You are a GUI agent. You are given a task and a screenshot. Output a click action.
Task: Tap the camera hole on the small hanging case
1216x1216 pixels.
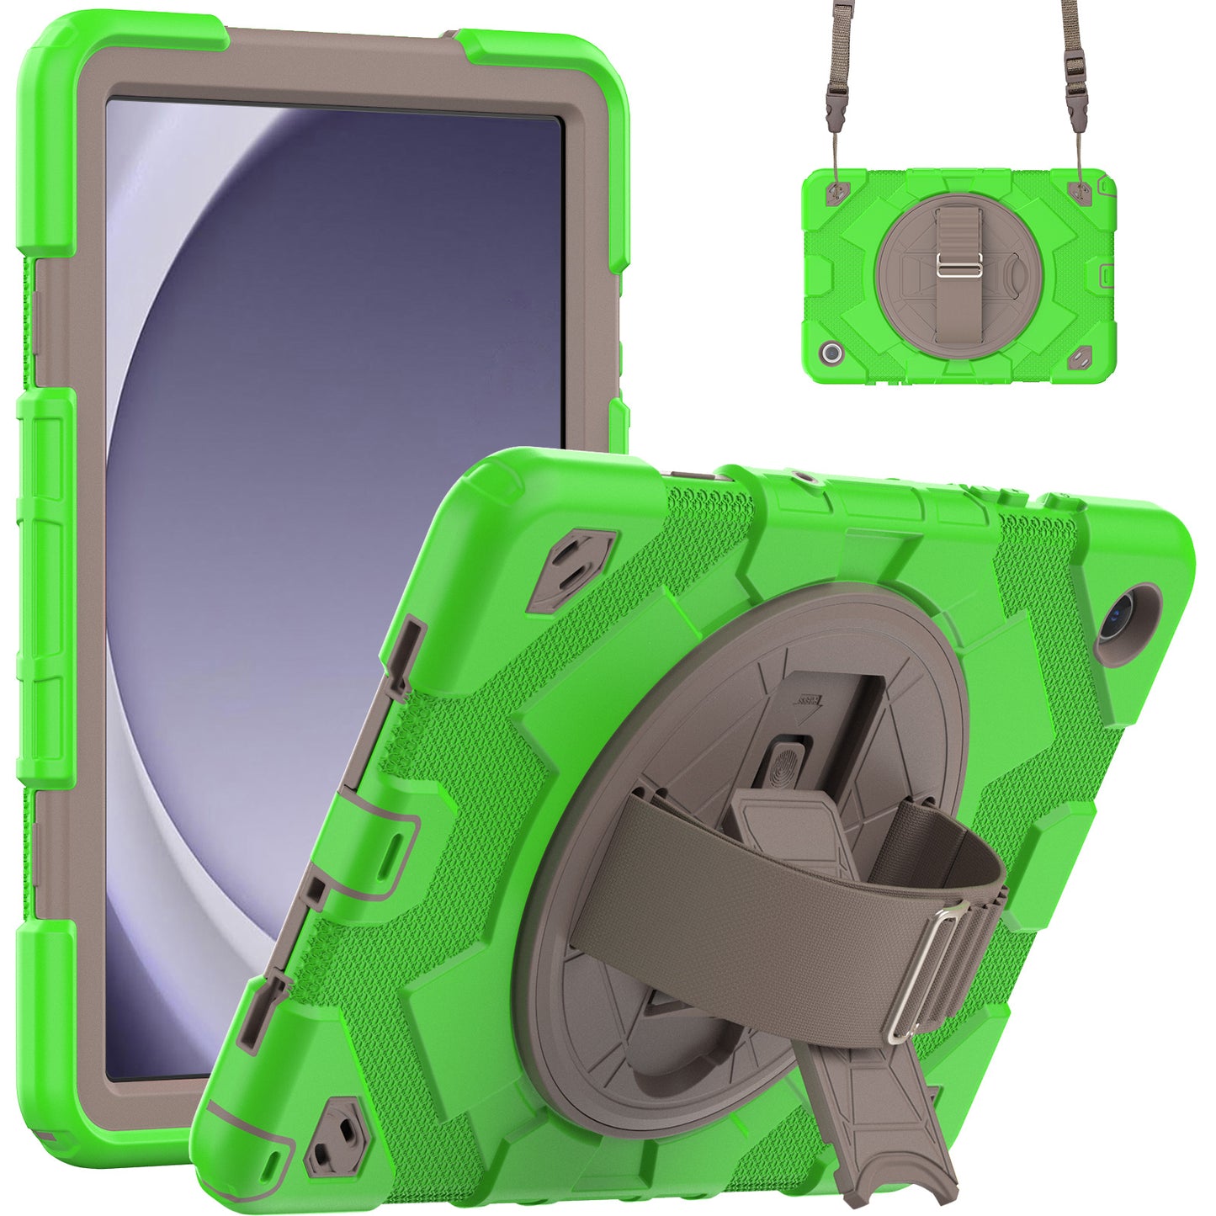[x=832, y=353]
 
